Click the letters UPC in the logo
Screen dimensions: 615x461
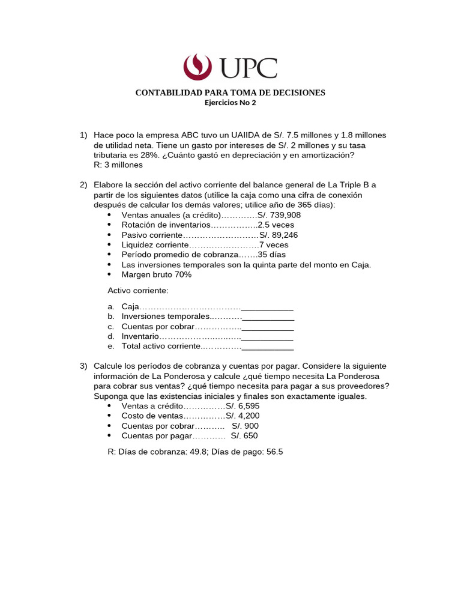pyautogui.click(x=249, y=67)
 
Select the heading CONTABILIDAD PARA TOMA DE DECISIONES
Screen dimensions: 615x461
pyautogui.click(x=230, y=92)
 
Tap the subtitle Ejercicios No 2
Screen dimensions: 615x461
pyautogui.click(x=230, y=102)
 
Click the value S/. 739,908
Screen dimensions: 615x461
pyautogui.click(x=279, y=215)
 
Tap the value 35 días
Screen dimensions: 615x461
pyautogui.click(x=271, y=255)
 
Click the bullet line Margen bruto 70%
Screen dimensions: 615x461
pyautogui.click(x=156, y=274)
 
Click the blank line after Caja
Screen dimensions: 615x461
pyautogui.click(x=267, y=307)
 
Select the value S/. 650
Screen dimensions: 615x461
pyautogui.click(x=244, y=436)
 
